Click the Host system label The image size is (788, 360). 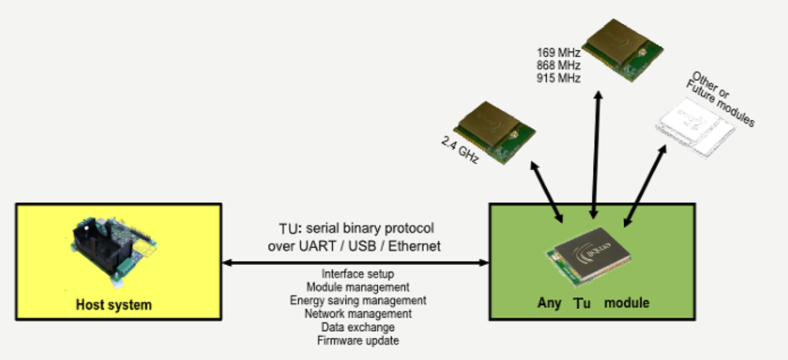click(113, 304)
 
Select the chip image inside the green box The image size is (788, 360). click(590, 259)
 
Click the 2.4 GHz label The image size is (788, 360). click(459, 151)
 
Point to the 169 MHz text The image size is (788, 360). click(558, 53)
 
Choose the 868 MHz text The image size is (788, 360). click(558, 65)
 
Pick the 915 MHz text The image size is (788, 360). click(558, 78)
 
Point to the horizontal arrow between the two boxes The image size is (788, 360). click(355, 263)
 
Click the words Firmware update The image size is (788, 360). click(358, 340)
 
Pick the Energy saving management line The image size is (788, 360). click(358, 301)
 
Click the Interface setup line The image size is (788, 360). click(358, 274)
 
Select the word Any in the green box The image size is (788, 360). click(549, 303)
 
